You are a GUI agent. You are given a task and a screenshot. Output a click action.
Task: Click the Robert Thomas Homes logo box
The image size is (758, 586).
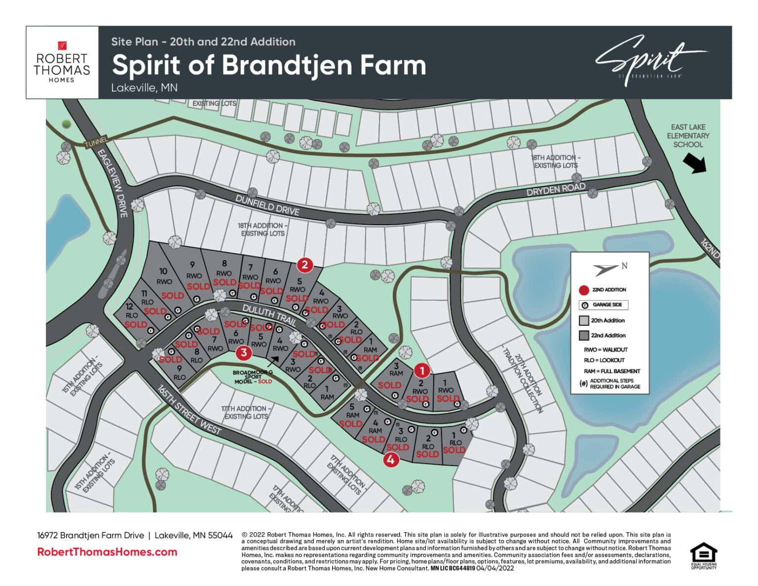62,62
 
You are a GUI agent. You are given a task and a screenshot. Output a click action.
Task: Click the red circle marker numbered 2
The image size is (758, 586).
304,265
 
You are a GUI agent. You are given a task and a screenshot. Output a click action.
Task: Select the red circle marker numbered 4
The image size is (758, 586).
391,460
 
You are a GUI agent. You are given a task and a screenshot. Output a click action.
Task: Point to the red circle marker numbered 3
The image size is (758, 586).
244,352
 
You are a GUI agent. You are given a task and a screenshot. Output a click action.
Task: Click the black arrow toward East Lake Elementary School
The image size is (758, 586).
695,163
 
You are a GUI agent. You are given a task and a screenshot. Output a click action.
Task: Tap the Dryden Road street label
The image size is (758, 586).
556,189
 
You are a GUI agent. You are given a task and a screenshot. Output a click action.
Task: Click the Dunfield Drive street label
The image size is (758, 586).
267,204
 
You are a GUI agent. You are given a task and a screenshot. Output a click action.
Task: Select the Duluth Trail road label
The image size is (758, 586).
269,314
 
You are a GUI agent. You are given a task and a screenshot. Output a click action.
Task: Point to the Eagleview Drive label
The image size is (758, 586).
113,183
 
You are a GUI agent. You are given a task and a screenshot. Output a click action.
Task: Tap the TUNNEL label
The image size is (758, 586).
96,143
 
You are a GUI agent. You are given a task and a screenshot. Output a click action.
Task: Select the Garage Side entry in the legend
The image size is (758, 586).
603,305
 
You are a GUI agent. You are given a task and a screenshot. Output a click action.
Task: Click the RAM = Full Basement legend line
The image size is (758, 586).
611,371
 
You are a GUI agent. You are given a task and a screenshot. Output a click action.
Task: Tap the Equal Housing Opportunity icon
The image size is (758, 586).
703,556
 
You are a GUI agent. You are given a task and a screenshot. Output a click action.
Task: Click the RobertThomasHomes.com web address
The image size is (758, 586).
107,552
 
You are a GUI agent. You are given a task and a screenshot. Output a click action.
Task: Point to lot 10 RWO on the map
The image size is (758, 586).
164,276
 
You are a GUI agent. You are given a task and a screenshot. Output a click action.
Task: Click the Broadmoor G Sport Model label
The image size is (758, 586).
253,377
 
